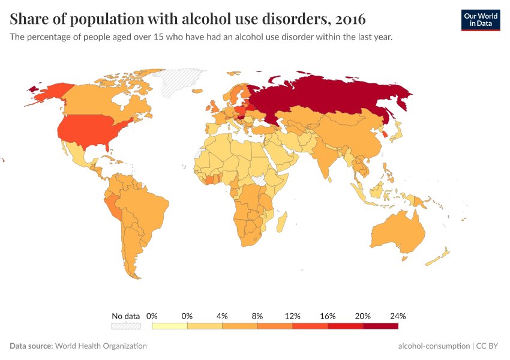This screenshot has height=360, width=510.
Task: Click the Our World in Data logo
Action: (x=480, y=20)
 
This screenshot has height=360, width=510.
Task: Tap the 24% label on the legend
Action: (x=398, y=316)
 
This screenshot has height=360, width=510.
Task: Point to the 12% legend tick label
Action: (x=292, y=316)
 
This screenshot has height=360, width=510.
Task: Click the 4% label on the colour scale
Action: (x=222, y=316)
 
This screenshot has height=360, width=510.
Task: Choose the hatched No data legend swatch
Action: (x=125, y=326)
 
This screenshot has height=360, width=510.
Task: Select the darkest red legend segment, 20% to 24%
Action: (x=380, y=326)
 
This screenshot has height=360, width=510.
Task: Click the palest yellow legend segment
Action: (x=170, y=326)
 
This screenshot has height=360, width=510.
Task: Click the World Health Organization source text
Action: (x=101, y=346)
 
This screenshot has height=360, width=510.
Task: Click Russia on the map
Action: (x=336, y=96)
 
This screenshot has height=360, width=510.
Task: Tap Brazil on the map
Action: (x=147, y=207)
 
